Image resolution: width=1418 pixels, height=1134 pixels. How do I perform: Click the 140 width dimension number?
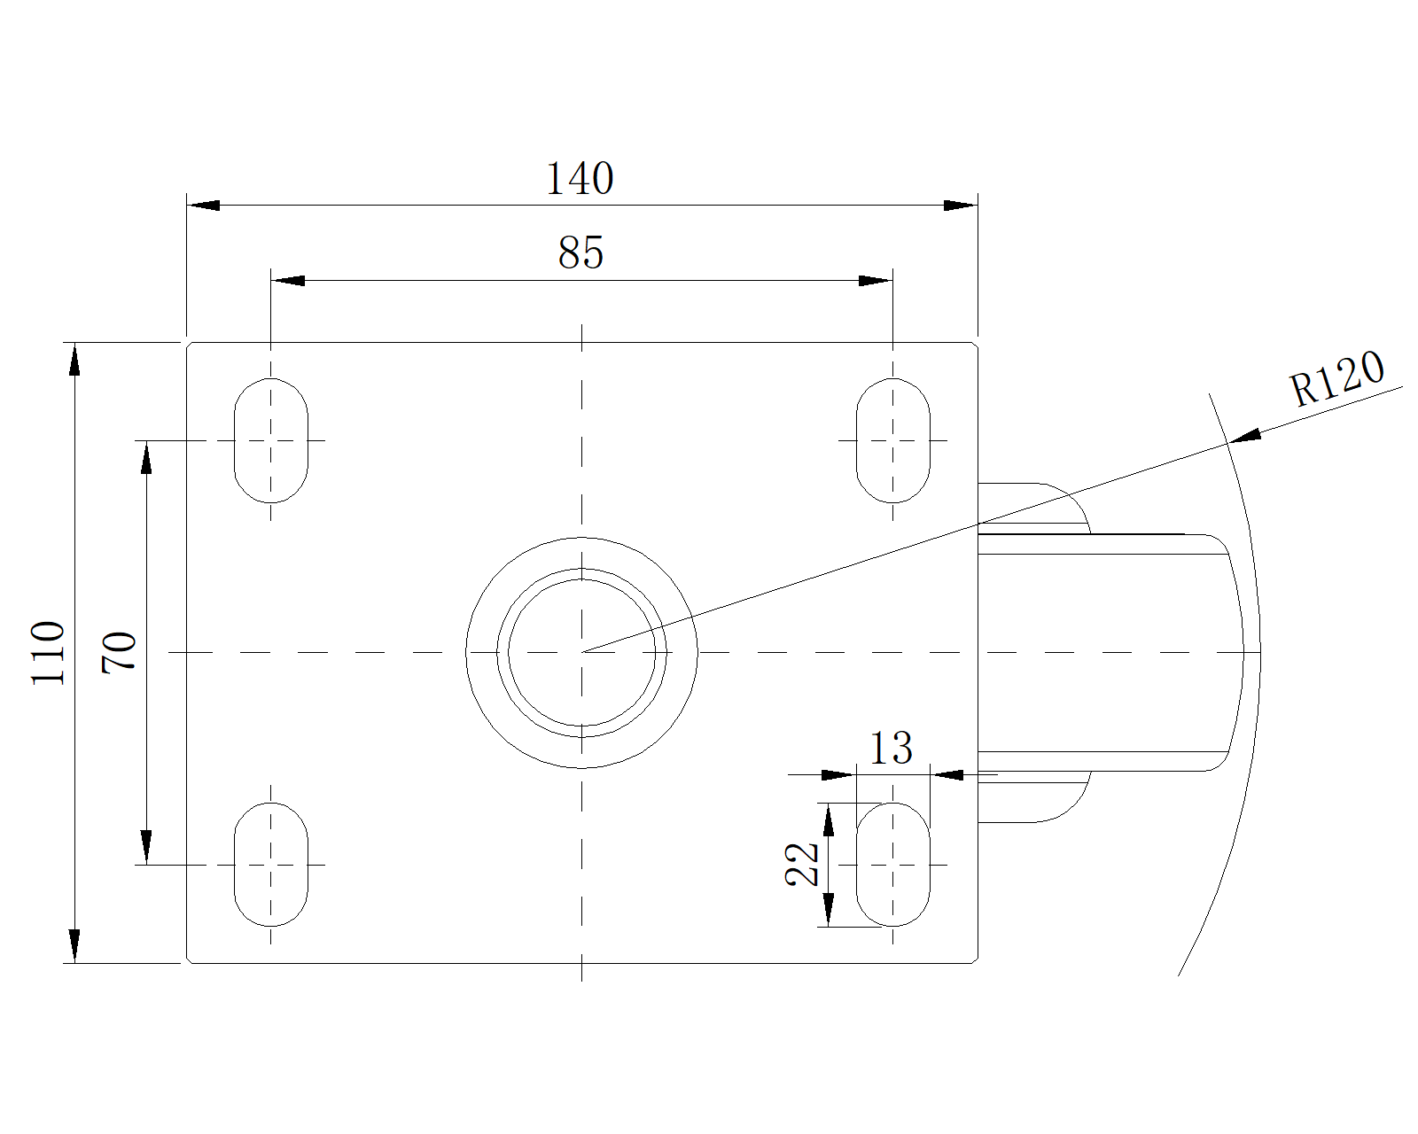(x=580, y=178)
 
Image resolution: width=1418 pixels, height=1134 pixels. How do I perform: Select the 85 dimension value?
(x=580, y=252)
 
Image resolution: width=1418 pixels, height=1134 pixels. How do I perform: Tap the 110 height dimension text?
(x=48, y=652)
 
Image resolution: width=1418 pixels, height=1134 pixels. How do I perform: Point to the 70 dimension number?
(x=120, y=652)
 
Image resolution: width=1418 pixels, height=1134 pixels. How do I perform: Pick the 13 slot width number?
(x=892, y=748)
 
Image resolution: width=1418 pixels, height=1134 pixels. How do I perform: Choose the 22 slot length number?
(x=802, y=864)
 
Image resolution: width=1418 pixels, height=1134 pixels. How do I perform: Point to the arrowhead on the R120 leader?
(x=1245, y=436)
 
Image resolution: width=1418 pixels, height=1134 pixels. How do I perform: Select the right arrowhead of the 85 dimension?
(x=876, y=281)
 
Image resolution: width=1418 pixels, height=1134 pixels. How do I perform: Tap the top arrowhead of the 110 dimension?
(x=74, y=359)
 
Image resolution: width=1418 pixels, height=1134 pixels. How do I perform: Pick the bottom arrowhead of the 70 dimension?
(x=146, y=847)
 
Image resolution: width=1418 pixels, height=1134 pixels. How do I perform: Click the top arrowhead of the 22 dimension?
(x=829, y=819)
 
